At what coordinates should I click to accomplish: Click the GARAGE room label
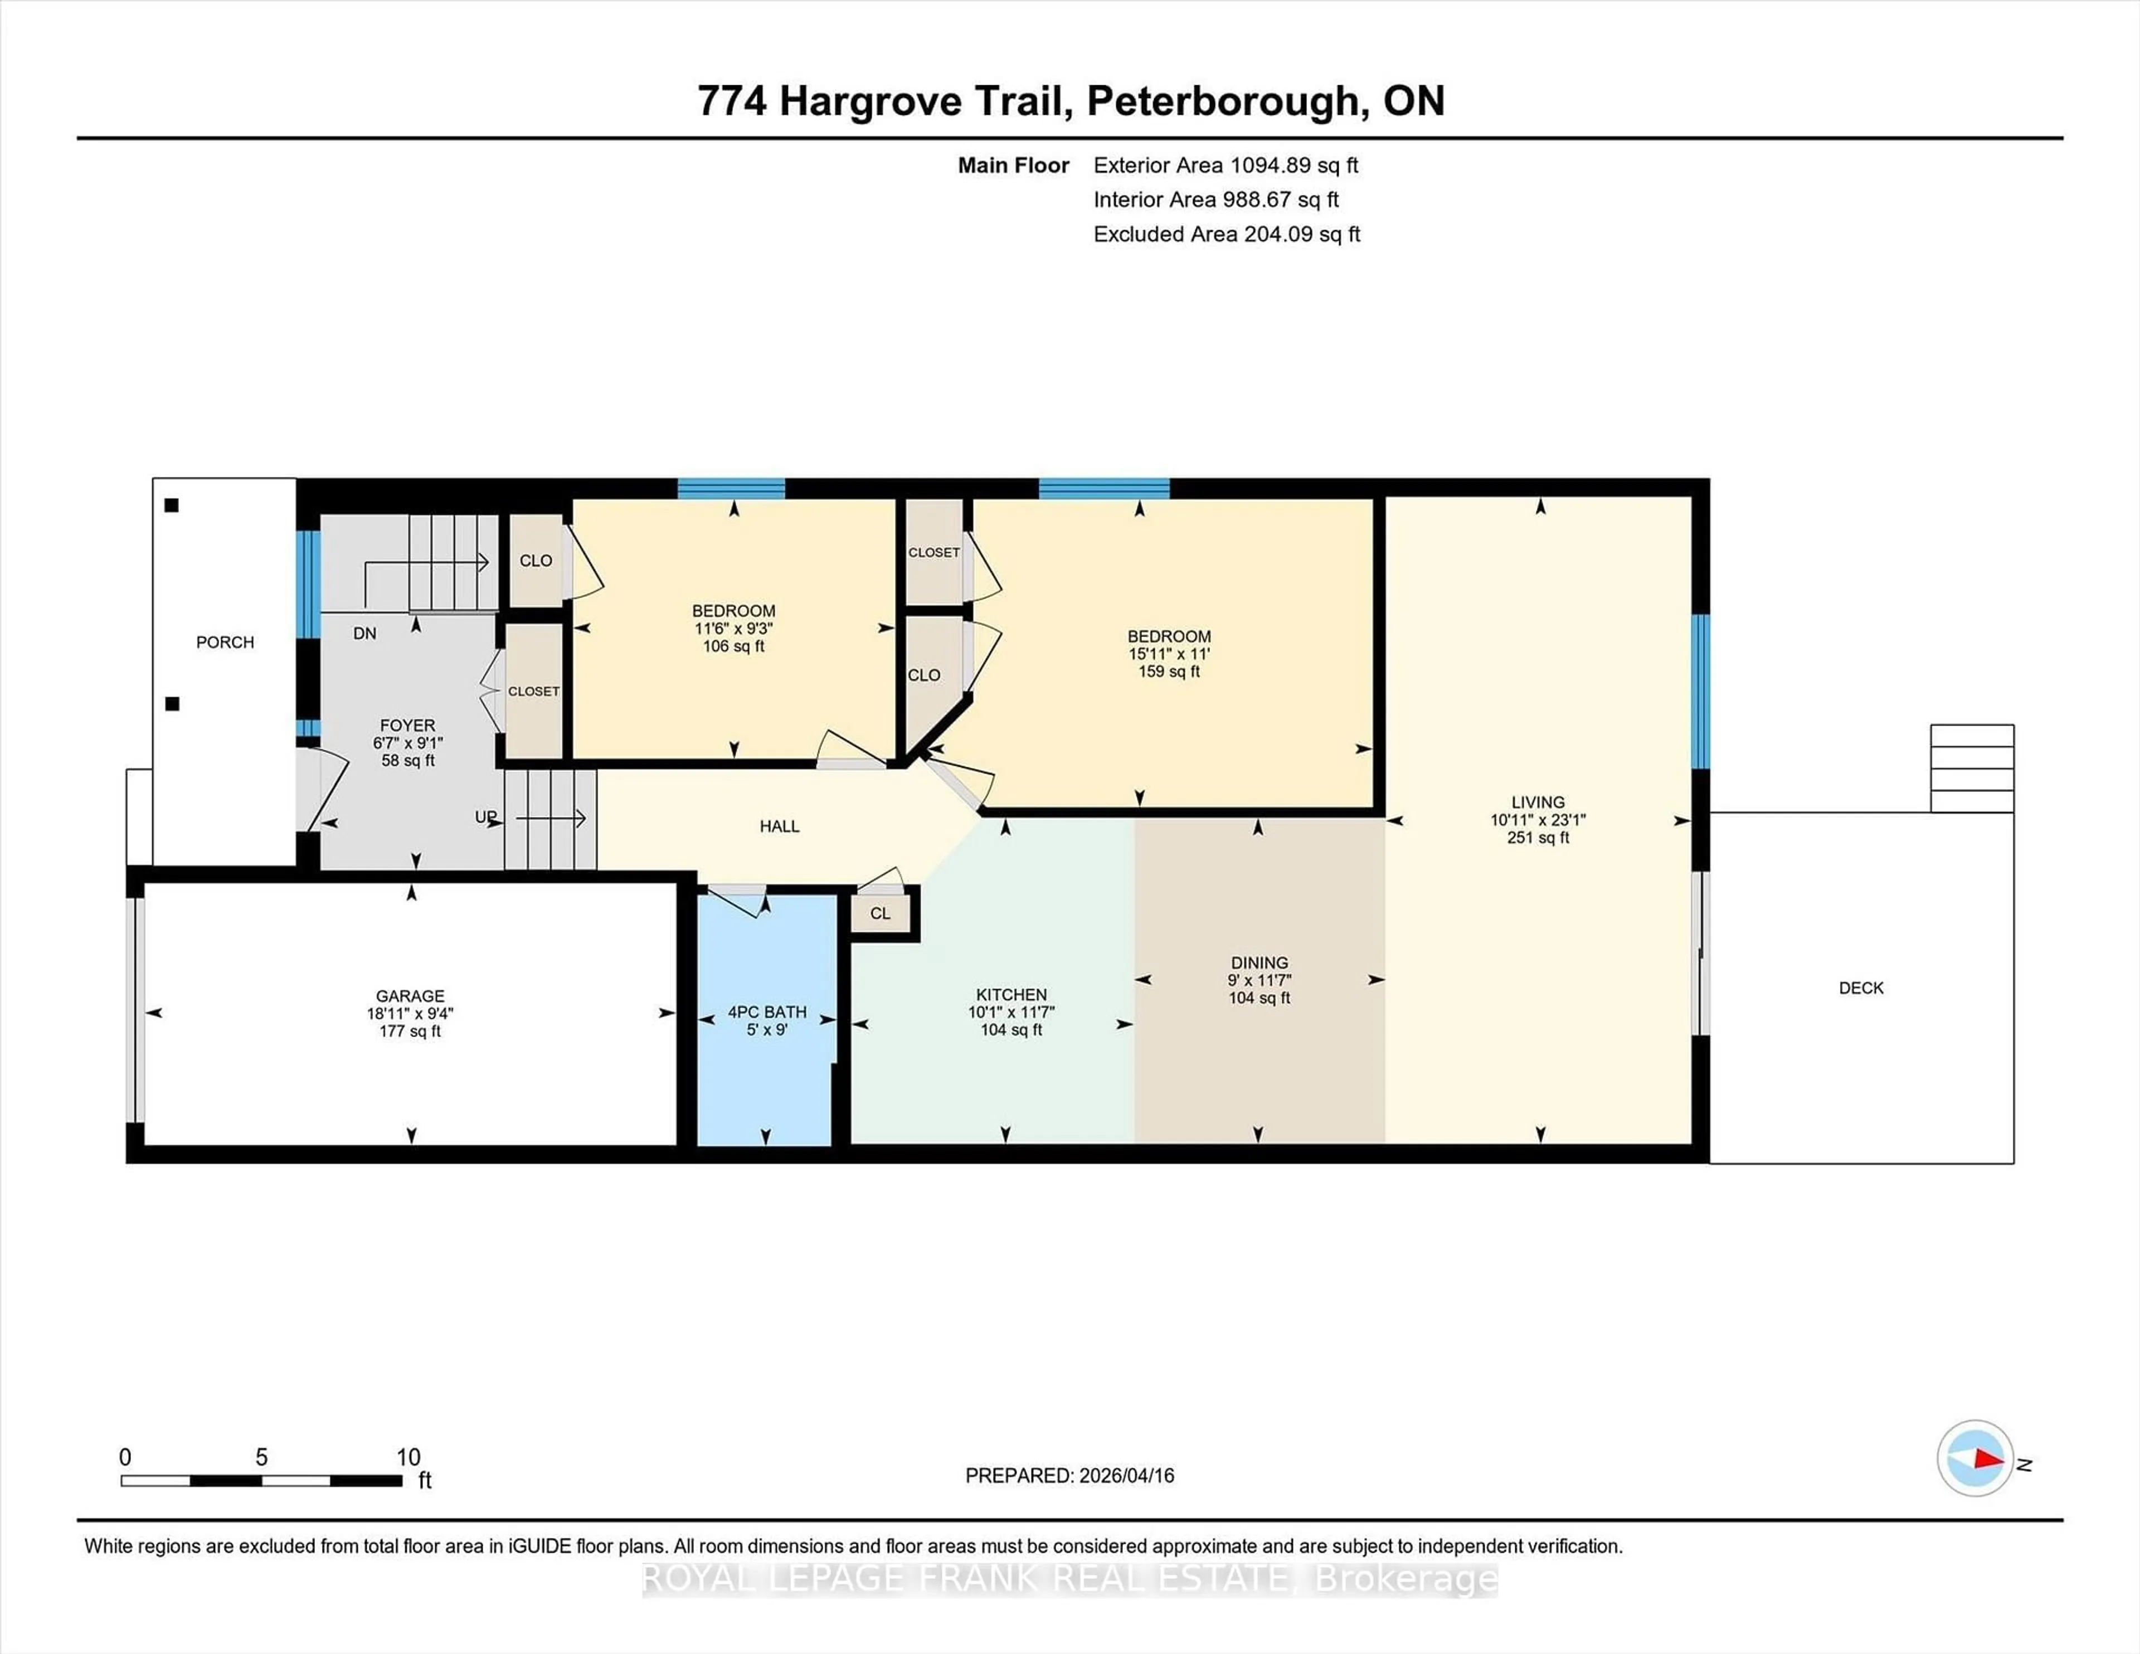pyautogui.click(x=410, y=995)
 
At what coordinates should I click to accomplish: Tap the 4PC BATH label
pyautogui.click(x=767, y=1012)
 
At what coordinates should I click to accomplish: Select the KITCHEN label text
pyautogui.click(x=1011, y=995)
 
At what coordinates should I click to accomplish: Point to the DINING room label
pyautogui.click(x=1259, y=963)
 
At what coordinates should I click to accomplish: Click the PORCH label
pyautogui.click(x=225, y=643)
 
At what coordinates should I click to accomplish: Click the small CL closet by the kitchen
pyautogui.click(x=880, y=914)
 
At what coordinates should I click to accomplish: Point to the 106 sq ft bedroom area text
pyautogui.click(x=733, y=646)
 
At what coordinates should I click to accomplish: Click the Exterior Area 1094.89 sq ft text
pyautogui.click(x=1225, y=166)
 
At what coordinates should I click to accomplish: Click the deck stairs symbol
pyautogui.click(x=1972, y=768)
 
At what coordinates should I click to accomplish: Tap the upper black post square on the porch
pyautogui.click(x=172, y=505)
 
